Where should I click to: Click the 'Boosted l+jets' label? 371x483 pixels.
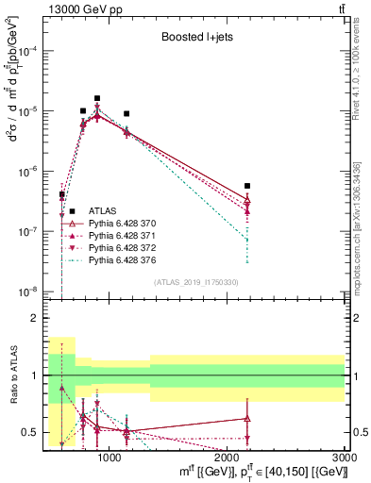[x=195, y=38]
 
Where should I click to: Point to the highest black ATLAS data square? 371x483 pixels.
[x=97, y=98]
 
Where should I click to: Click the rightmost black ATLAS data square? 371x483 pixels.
[x=247, y=187]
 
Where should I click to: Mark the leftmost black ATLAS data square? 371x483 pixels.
[x=61, y=194]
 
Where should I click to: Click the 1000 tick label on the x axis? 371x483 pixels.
[x=110, y=458]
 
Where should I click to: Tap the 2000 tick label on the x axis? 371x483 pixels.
[x=228, y=458]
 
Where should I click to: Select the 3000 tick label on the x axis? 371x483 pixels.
[x=345, y=458]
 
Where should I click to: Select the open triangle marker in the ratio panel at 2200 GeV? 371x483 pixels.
[x=247, y=418]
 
